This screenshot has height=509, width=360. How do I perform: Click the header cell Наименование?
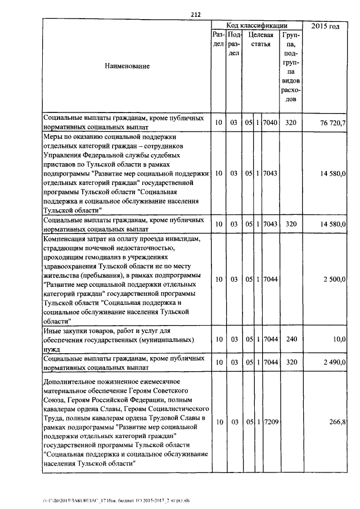(127, 66)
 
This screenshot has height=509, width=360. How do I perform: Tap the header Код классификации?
(257, 26)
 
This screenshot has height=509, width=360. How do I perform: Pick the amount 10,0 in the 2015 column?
(339, 340)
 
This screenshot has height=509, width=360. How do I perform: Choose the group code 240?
(290, 340)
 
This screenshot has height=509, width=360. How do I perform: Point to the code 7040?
(271, 123)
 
